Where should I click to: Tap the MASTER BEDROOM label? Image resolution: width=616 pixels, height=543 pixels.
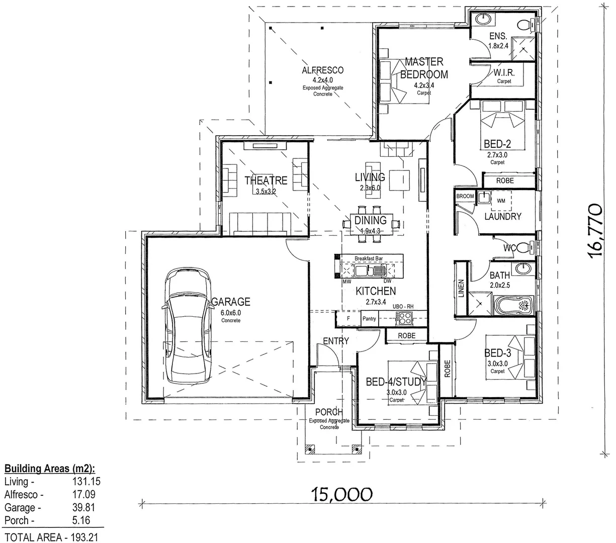coord(424,68)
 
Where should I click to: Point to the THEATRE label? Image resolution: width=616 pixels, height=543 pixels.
coord(266,180)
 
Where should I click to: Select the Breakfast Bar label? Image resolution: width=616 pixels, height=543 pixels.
coord(369,258)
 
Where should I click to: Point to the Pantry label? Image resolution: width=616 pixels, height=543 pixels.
coord(369,318)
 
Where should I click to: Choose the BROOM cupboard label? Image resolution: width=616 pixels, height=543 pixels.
coord(465,196)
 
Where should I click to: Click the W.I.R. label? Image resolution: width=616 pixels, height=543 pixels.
coord(504,73)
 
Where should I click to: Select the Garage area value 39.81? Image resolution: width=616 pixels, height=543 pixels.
coord(84,507)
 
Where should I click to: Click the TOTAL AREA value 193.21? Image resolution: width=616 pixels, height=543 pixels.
coord(84,537)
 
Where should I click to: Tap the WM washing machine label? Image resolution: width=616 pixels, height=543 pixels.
coord(501,201)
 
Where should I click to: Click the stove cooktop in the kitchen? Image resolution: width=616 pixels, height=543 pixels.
coord(404,317)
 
